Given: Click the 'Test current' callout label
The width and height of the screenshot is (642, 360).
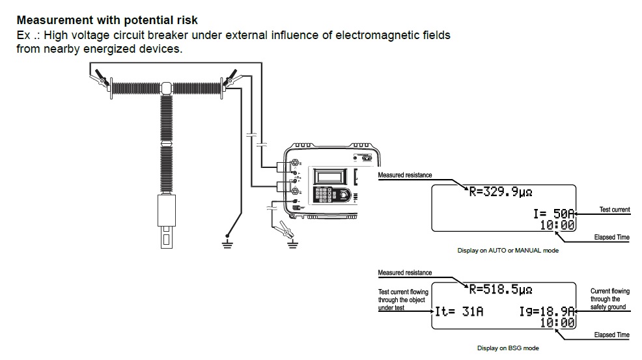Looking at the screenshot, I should [614, 210].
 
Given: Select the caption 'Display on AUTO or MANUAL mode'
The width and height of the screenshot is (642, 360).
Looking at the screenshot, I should [508, 250].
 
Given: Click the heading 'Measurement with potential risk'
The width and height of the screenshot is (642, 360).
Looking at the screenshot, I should [107, 21].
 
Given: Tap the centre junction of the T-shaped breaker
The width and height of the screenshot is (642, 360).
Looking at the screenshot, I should [165, 88].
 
